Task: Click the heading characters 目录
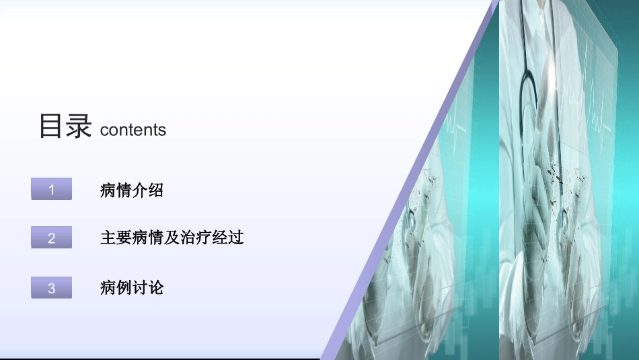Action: click(x=65, y=126)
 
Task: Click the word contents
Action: click(x=133, y=130)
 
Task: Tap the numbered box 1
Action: click(x=52, y=190)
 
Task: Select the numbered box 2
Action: click(x=52, y=238)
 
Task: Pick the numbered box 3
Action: click(x=52, y=288)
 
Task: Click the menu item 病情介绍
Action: click(x=132, y=190)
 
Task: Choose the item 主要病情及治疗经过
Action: click(x=172, y=238)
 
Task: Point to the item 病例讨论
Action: click(x=132, y=288)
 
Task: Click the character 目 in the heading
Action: click(x=51, y=126)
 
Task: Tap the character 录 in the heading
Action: click(x=79, y=126)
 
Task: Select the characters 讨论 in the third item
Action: click(x=148, y=288)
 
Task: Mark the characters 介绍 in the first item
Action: click(x=148, y=190)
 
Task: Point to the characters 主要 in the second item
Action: click(x=116, y=238)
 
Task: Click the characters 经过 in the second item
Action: click(x=228, y=238)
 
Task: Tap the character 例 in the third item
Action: click(x=124, y=288)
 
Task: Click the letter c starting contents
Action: click(x=104, y=131)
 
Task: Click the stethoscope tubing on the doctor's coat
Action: click(x=528, y=81)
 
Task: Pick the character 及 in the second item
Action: click(x=172, y=238)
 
